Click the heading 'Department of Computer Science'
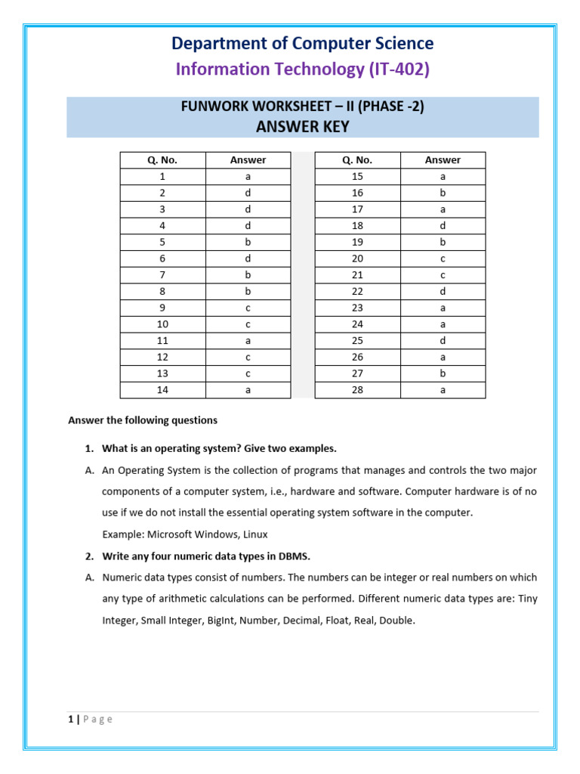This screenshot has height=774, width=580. (x=302, y=43)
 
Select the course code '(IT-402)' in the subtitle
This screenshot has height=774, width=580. (x=399, y=70)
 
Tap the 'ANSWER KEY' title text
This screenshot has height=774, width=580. (x=302, y=126)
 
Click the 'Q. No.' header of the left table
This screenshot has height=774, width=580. (x=162, y=159)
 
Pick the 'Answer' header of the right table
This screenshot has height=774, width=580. (x=443, y=159)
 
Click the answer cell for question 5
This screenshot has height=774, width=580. (x=248, y=242)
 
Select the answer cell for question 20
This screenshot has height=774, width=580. (x=443, y=259)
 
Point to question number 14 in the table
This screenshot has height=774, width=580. (x=162, y=390)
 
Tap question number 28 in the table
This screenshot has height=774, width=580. (x=357, y=390)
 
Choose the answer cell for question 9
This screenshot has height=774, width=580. (x=248, y=308)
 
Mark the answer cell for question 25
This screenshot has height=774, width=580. (x=443, y=341)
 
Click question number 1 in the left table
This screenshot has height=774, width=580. (x=162, y=176)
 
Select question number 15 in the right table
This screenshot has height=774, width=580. (x=357, y=176)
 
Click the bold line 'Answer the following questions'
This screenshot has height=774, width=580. (x=143, y=420)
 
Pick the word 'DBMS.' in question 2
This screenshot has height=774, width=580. (x=295, y=556)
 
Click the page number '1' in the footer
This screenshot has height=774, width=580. (x=69, y=720)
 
